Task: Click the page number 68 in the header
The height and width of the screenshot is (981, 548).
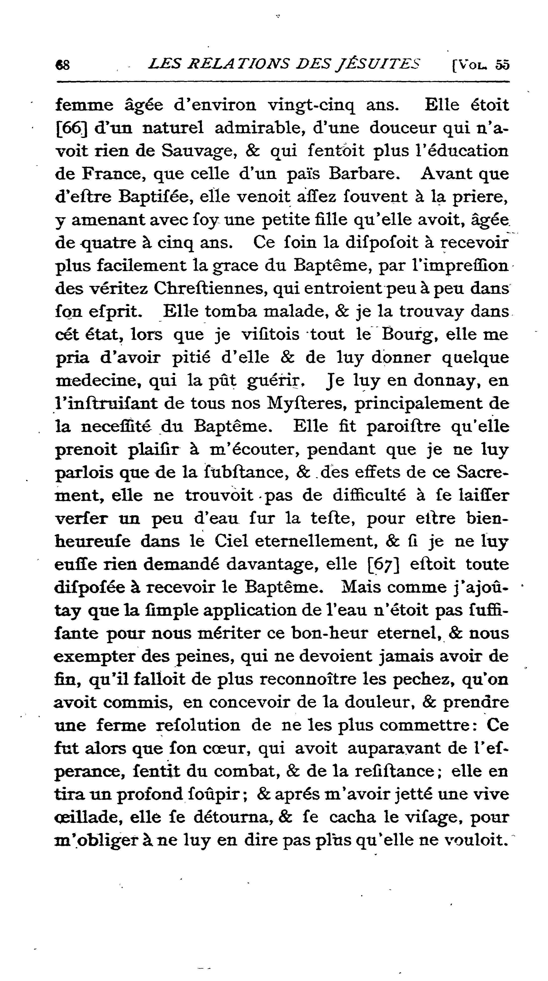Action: coord(62,65)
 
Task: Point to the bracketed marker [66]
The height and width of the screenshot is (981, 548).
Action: coord(72,128)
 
